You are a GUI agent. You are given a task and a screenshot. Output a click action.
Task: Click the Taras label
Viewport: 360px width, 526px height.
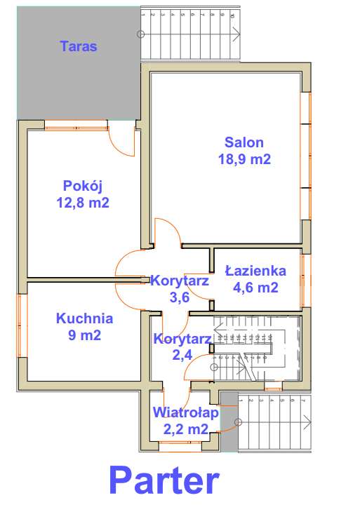79,48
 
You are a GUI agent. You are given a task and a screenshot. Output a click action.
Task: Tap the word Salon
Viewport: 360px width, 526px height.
244,142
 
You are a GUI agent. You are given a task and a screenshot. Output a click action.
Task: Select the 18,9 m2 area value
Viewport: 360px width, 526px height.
244,159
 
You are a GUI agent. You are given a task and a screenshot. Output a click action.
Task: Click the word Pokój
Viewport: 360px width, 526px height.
84,186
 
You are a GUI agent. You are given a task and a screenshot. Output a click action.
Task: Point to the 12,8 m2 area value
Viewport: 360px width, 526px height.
83,203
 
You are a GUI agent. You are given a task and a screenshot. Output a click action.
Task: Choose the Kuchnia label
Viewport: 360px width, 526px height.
84,318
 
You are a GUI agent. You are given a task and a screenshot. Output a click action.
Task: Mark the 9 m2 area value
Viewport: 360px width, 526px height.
84,335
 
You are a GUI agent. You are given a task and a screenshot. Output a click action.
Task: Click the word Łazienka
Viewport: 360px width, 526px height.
255,271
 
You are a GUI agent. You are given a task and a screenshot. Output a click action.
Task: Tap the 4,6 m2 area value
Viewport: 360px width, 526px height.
255,288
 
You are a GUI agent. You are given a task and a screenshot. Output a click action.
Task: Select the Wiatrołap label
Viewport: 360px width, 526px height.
186,412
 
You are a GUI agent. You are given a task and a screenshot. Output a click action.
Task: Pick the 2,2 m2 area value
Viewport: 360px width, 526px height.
186,429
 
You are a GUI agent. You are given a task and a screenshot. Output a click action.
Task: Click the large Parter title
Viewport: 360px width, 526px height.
164,483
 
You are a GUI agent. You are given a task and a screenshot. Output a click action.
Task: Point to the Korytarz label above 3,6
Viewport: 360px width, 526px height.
180,281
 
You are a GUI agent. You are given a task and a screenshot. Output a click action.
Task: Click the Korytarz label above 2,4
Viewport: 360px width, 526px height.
182,339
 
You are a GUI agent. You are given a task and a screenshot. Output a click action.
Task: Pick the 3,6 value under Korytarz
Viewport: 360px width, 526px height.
180,297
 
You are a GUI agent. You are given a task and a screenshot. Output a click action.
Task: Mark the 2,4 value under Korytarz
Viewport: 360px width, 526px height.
182,355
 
